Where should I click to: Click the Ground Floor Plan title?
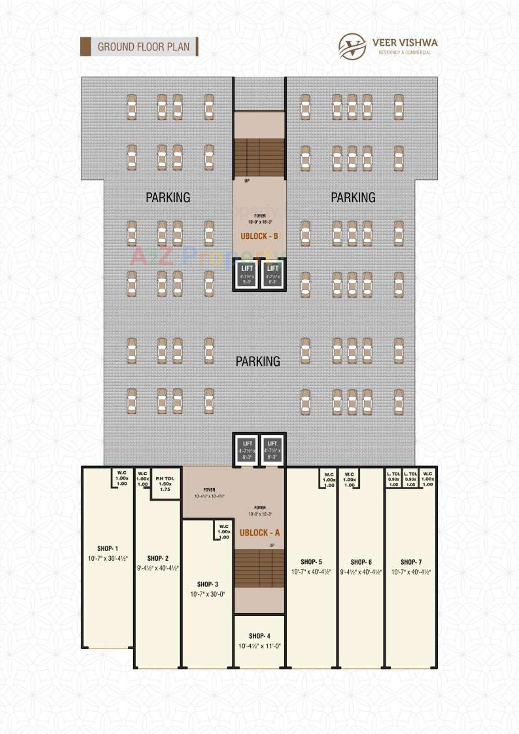(x=143, y=47)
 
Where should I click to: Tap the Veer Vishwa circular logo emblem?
(x=352, y=47)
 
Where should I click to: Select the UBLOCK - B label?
(x=259, y=237)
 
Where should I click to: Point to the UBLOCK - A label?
(x=259, y=532)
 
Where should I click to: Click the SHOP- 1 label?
(x=108, y=548)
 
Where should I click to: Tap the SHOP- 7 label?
(x=411, y=562)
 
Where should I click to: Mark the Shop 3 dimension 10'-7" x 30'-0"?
(x=207, y=594)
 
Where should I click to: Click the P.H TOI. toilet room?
(x=165, y=484)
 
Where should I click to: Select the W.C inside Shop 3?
(x=224, y=531)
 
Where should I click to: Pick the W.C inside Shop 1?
(x=122, y=478)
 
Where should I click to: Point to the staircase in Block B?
(x=259, y=157)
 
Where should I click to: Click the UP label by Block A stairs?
(x=272, y=545)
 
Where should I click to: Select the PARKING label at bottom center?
(x=258, y=361)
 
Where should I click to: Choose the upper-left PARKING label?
(x=168, y=197)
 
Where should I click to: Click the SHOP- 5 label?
(x=311, y=562)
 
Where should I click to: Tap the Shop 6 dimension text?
(x=361, y=572)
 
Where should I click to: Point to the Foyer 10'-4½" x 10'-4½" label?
(x=209, y=496)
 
